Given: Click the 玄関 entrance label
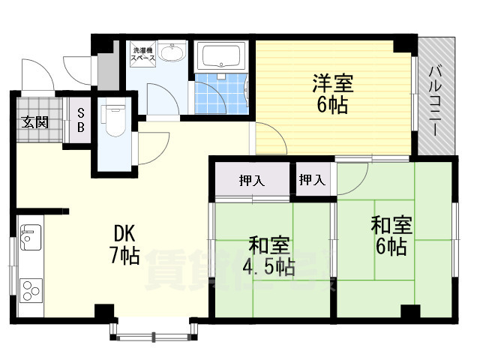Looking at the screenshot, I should pyautogui.click(x=34, y=121).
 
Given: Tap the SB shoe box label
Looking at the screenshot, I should pyautogui.click(x=81, y=121).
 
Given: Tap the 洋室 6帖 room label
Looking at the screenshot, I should pyautogui.click(x=331, y=94).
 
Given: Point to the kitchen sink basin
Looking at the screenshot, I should pyautogui.click(x=31, y=238).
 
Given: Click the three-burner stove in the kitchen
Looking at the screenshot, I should pyautogui.click(x=31, y=289).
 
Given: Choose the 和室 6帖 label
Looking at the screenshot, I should pyautogui.click(x=388, y=235).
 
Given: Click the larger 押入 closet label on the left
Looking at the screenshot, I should pyautogui.click(x=252, y=180).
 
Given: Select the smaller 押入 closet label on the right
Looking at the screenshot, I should pyautogui.click(x=312, y=180).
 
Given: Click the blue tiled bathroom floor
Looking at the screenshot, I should pyautogui.click(x=221, y=95).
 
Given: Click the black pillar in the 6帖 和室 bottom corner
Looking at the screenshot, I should pyautogui.click(x=409, y=311).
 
